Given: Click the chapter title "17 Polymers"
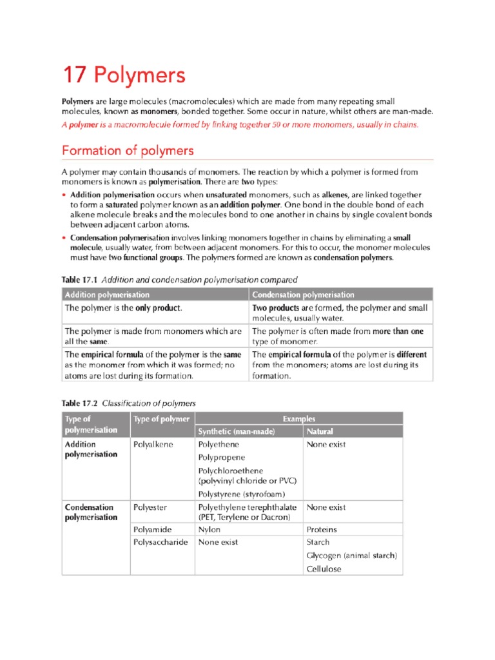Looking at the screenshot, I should pyautogui.click(x=123, y=75).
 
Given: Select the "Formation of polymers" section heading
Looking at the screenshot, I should pyautogui.click(x=127, y=150).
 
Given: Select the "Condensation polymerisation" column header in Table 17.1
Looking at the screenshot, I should pyautogui.click(x=303, y=295).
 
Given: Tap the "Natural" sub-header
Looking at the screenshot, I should pyautogui.click(x=320, y=431).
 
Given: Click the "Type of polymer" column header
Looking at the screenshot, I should pyautogui.click(x=162, y=419).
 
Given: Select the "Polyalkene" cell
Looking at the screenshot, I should pyautogui.click(x=153, y=445).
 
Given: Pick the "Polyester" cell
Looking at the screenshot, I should pyautogui.click(x=150, y=507).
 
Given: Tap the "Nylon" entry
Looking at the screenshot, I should pyautogui.click(x=209, y=530).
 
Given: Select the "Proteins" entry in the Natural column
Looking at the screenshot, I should pyautogui.click(x=322, y=530).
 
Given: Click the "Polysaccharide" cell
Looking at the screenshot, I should pyautogui.click(x=160, y=542).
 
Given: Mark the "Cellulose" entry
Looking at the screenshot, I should pyautogui.click(x=324, y=569).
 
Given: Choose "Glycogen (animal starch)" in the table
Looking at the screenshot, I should pyautogui.click(x=352, y=556).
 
